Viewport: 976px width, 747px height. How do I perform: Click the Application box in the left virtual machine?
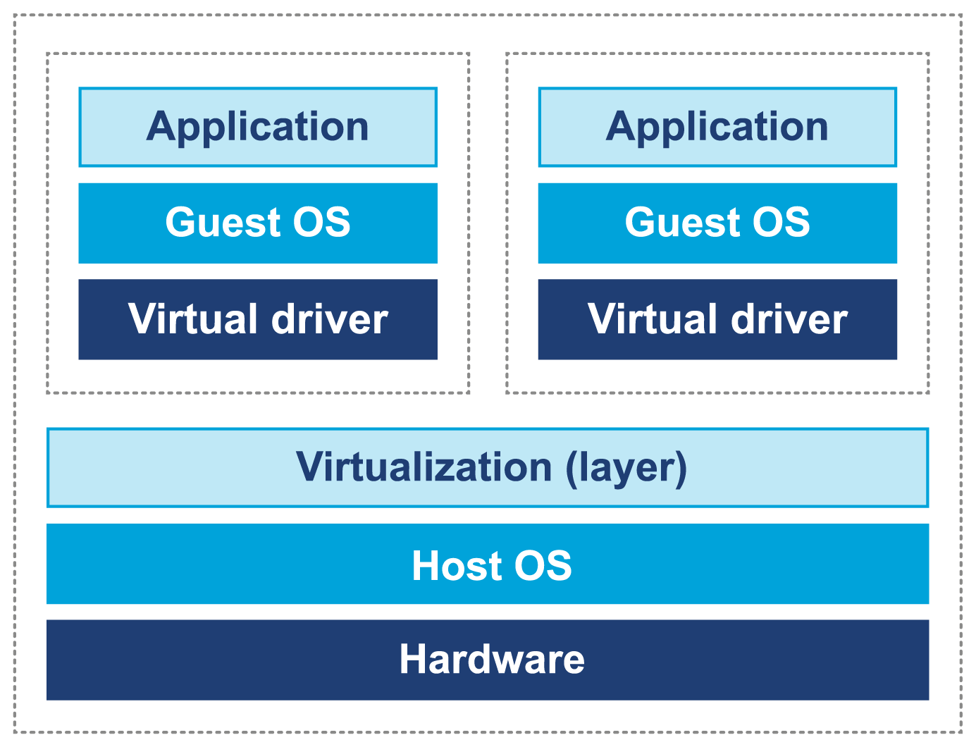258,128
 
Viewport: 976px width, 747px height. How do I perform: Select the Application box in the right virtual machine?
717,128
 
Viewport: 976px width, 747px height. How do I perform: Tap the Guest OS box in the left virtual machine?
258,223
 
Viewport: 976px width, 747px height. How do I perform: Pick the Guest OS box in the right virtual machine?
717,223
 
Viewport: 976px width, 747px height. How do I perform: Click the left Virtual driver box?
258,319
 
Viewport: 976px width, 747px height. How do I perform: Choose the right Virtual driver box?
717,319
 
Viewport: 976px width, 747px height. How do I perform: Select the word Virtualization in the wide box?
424,467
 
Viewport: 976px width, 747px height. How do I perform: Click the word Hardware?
492,660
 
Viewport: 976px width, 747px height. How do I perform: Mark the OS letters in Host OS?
543,566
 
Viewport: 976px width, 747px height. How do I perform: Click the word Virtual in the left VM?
193,319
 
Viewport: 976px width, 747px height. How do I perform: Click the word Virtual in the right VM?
653,319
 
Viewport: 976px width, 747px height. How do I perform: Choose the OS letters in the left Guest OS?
322,223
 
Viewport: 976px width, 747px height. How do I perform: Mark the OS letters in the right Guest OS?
782,223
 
